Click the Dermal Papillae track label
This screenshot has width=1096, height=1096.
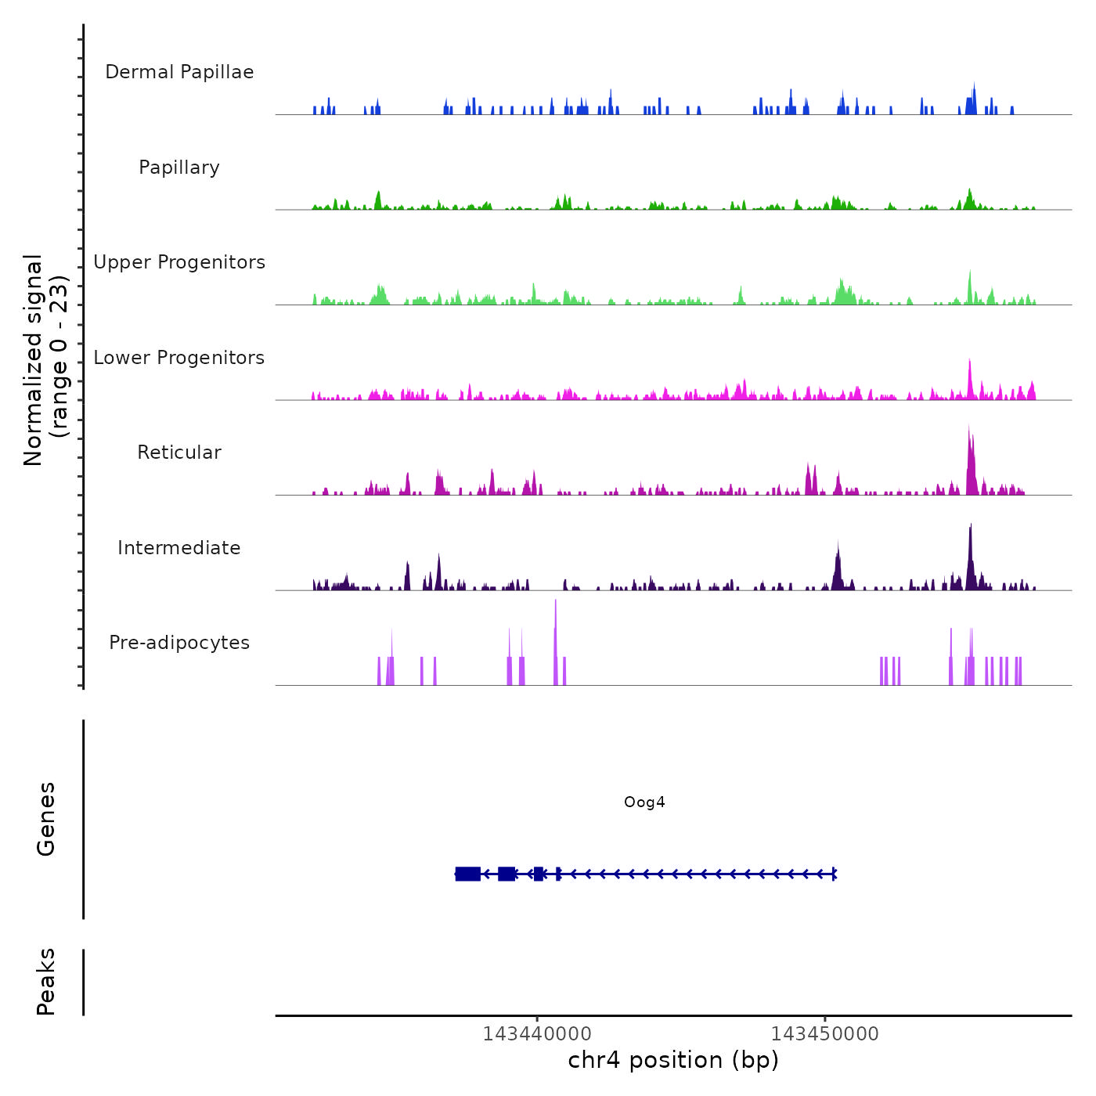[179, 72]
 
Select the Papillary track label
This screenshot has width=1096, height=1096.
[179, 168]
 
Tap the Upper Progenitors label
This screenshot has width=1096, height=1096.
[179, 262]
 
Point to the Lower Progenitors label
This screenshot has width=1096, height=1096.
[179, 358]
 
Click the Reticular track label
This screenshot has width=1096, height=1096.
[179, 452]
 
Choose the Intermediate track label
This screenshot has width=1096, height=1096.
[179, 548]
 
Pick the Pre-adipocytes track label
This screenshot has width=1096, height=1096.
[179, 643]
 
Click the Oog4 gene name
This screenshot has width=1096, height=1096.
[644, 802]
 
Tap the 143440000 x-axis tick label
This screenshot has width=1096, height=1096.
[537, 1033]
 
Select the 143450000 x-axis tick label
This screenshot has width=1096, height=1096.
[824, 1033]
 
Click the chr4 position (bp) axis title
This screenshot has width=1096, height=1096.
[673, 1060]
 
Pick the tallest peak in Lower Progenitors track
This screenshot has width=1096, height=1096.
[969, 362]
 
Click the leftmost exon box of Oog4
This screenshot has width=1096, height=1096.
[468, 874]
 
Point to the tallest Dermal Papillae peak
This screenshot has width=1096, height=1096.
[974, 85]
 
